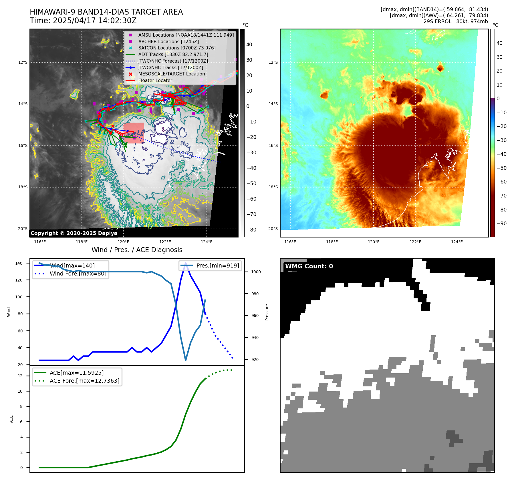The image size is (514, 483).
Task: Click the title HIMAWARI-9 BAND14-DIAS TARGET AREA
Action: [106, 12]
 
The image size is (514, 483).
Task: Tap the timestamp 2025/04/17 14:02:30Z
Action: [94, 21]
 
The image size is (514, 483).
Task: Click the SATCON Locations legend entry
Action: [177, 48]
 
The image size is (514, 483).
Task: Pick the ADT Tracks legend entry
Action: [173, 54]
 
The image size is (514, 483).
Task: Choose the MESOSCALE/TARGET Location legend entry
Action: [172, 74]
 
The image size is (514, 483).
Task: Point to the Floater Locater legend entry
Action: [155, 80]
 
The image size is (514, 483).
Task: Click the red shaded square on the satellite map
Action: [134, 133]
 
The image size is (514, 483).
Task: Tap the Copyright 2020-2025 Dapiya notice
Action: [74, 233]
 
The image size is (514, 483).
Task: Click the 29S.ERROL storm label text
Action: [437, 21]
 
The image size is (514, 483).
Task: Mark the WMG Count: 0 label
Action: [309, 266]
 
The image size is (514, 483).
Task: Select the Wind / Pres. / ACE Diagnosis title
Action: [137, 250]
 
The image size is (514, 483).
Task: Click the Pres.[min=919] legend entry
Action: [217, 266]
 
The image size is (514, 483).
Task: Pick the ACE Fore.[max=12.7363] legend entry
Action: [84, 381]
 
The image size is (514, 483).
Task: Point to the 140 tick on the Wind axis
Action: [19, 263]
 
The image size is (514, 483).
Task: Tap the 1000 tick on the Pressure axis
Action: [256, 272]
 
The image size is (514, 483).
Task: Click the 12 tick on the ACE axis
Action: [20, 376]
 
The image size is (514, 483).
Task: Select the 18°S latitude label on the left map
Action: [23, 187]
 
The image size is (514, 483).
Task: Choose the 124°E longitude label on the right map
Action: [457, 242]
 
